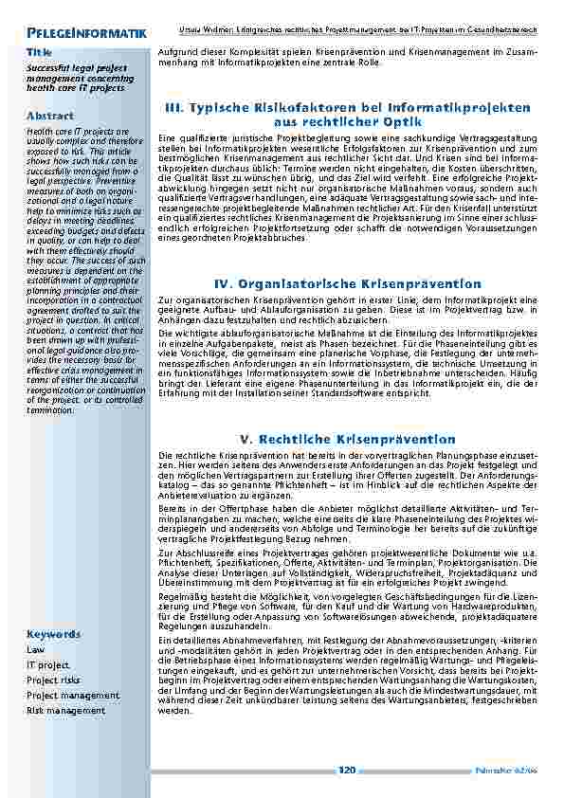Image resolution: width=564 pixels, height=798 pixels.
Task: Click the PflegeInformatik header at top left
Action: (86, 34)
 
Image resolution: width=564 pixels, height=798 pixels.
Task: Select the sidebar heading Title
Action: (40, 51)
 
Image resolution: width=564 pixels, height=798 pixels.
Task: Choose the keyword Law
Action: (36, 650)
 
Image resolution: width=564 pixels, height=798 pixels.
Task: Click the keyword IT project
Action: (48, 665)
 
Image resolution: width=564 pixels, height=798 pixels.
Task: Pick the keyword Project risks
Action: (54, 680)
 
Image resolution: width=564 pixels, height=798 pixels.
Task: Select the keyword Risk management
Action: (65, 710)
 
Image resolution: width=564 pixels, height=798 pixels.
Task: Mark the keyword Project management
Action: (73, 695)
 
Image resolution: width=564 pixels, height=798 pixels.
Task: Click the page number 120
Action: (347, 770)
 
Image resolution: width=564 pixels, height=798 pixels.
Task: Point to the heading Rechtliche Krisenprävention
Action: (348, 439)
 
